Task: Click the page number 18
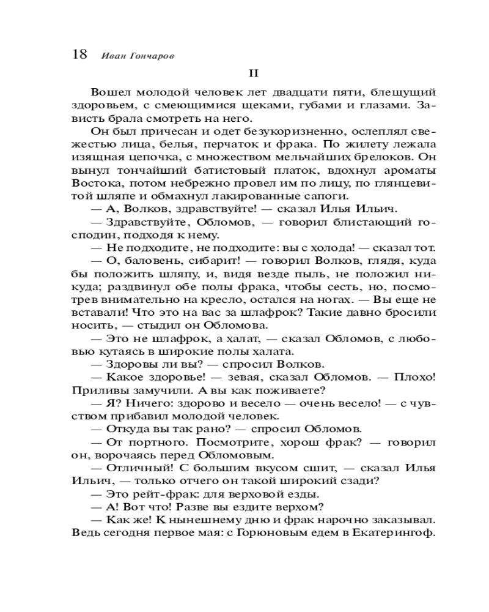tap(79, 54)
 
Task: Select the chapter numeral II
tap(254, 73)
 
